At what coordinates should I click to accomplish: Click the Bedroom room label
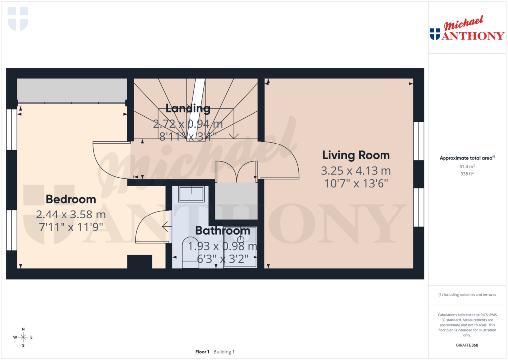pyautogui.click(x=70, y=199)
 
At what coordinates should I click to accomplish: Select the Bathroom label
pyautogui.click(x=222, y=231)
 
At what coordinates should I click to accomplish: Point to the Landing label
pyautogui.click(x=188, y=108)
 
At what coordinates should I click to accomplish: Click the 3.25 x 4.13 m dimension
pyautogui.click(x=356, y=171)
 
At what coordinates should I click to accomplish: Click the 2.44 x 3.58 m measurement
pyautogui.click(x=70, y=215)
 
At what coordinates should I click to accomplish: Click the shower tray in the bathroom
pyautogui.click(x=241, y=247)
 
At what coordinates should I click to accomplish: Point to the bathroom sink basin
pyautogui.click(x=190, y=193)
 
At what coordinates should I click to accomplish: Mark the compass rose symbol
pyautogui.click(x=23, y=337)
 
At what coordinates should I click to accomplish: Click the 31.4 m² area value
pyautogui.click(x=467, y=167)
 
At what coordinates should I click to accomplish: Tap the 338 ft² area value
pyautogui.click(x=467, y=174)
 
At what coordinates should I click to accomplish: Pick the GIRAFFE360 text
pyautogui.click(x=467, y=345)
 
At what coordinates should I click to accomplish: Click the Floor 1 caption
pyautogui.click(x=202, y=352)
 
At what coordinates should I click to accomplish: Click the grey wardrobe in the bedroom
pyautogui.click(x=72, y=90)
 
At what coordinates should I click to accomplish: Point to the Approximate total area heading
pyautogui.click(x=467, y=158)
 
